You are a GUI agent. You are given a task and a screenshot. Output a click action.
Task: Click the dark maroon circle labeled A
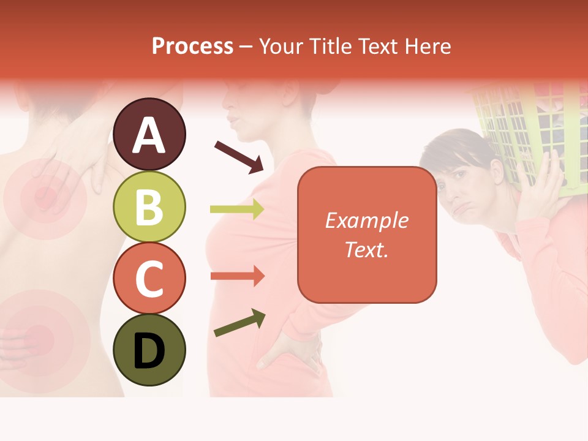pyautogui.click(x=149, y=134)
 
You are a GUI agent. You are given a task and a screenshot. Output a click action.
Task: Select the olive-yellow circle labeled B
pyautogui.click(x=149, y=206)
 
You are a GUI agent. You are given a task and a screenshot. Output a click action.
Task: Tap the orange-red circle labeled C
pyautogui.click(x=149, y=278)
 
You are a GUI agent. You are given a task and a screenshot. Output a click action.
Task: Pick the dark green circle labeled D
pyautogui.click(x=149, y=350)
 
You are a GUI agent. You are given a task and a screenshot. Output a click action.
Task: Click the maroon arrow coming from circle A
pyautogui.click(x=239, y=156)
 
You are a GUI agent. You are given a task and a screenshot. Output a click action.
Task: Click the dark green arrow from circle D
pyautogui.click(x=239, y=323)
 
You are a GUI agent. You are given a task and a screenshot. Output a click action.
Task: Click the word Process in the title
pyautogui.click(x=192, y=46)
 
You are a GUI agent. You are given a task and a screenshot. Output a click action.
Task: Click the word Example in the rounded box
pyautogui.click(x=367, y=221)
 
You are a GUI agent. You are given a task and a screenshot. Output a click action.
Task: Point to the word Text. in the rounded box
pyautogui.click(x=367, y=249)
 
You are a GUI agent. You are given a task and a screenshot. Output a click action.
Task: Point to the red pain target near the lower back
pyautogui.click(x=40, y=336)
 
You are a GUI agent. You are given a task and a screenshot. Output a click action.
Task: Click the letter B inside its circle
pyautogui.click(x=149, y=206)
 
